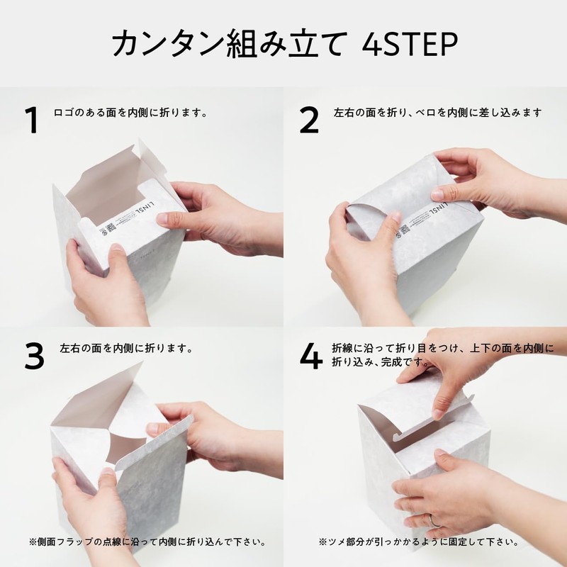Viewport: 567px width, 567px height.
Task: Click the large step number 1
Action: pyautogui.click(x=30, y=121)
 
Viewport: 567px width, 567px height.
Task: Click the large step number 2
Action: pyautogui.click(x=309, y=121)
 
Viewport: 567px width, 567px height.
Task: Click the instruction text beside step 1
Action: pyautogui.click(x=130, y=113)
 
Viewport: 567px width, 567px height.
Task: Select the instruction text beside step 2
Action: pyautogui.click(x=437, y=113)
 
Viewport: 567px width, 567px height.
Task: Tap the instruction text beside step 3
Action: pyautogui.click(x=127, y=349)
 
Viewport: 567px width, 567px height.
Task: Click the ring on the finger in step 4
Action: pyautogui.click(x=433, y=519)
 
